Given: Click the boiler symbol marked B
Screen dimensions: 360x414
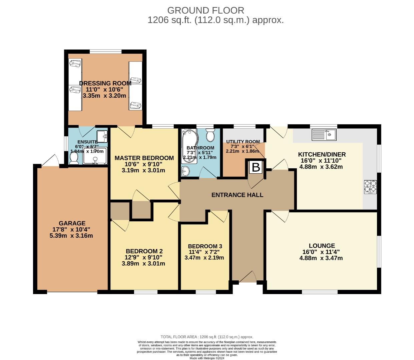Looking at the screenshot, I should coord(256,167).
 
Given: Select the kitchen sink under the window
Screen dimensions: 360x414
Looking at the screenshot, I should coord(324,135).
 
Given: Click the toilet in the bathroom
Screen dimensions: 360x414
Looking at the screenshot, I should coord(211,136).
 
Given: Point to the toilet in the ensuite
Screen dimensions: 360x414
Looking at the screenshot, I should coord(74,157).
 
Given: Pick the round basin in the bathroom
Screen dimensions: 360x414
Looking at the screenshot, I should coord(185,171).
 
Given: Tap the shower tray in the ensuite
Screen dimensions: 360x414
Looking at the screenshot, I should coord(95,156).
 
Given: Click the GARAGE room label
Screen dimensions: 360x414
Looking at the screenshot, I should coord(72,223).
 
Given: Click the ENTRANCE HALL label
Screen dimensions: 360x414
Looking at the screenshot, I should coord(237,195).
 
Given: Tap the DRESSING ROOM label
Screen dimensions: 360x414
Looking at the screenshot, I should coord(105,83).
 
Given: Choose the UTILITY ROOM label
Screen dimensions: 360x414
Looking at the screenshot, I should coord(243,142).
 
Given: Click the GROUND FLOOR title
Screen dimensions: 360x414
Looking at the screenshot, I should coord(205,10).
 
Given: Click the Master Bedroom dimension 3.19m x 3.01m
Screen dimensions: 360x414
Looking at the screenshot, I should coord(143,170).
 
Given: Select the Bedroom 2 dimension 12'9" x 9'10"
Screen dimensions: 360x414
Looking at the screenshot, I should coord(144,257).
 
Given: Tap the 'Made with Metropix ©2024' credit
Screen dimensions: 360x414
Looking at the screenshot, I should coord(207,358).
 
